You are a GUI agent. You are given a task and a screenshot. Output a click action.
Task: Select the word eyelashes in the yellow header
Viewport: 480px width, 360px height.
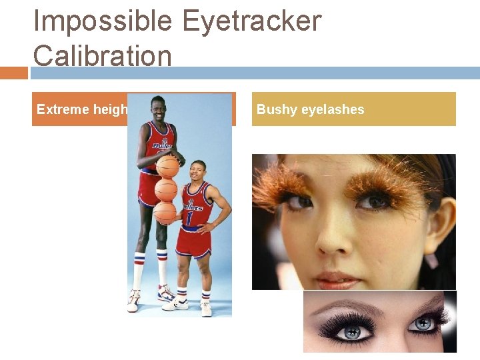point(333,109)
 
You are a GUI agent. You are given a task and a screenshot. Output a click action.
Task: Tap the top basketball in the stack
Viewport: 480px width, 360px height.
point(167,167)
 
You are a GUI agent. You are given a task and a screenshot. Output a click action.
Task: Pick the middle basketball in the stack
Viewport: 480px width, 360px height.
point(165,190)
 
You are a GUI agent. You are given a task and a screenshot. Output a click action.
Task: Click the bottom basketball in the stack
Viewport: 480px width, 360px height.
point(164,213)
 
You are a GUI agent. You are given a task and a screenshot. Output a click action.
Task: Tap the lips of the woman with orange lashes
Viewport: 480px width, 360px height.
point(333,275)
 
